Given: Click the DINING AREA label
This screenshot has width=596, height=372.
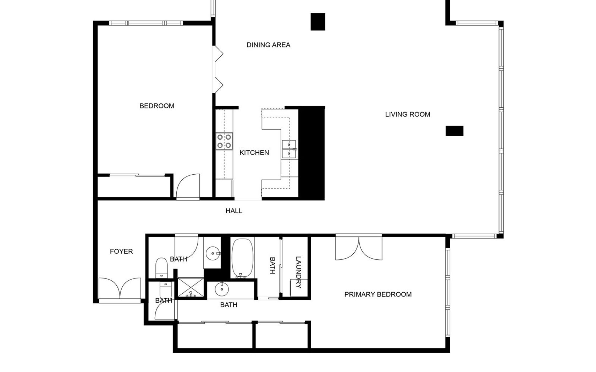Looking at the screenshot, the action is pyautogui.click(x=268, y=45).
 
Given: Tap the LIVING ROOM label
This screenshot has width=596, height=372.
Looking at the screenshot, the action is pyautogui.click(x=408, y=114).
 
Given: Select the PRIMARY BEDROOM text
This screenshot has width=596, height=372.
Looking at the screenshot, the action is pyautogui.click(x=378, y=294).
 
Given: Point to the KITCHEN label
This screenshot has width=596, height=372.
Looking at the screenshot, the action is pyautogui.click(x=254, y=152).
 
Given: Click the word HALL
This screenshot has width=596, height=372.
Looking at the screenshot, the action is pyautogui.click(x=234, y=211).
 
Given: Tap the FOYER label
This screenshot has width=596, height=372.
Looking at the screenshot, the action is pyautogui.click(x=121, y=252).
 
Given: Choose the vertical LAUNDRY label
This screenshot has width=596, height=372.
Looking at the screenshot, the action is pyautogui.click(x=299, y=272).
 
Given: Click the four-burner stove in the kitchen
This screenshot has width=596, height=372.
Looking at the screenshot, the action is pyautogui.click(x=224, y=141).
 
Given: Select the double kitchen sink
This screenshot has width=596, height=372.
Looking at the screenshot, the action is pyautogui.click(x=289, y=150).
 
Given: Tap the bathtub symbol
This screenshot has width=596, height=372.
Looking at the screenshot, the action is pyautogui.click(x=242, y=258).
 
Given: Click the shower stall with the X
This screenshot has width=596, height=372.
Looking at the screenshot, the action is pyautogui.click(x=191, y=287).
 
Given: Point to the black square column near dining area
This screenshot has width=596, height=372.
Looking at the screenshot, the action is pyautogui.click(x=318, y=22).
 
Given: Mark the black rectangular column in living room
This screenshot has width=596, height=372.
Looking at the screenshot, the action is pyautogui.click(x=454, y=131).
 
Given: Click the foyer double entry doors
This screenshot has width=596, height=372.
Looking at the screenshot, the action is pyautogui.click(x=120, y=289).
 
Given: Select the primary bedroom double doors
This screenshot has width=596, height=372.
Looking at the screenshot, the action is pyautogui.click(x=359, y=248).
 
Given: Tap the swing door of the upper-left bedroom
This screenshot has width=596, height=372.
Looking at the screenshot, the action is pyautogui.click(x=188, y=186).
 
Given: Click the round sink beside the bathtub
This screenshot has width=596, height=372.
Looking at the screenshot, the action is pyautogui.click(x=222, y=289).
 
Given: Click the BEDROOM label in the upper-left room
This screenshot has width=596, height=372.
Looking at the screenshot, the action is pyautogui.click(x=157, y=106).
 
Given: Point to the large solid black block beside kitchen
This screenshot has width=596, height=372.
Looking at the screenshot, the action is pyautogui.click(x=311, y=154).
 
